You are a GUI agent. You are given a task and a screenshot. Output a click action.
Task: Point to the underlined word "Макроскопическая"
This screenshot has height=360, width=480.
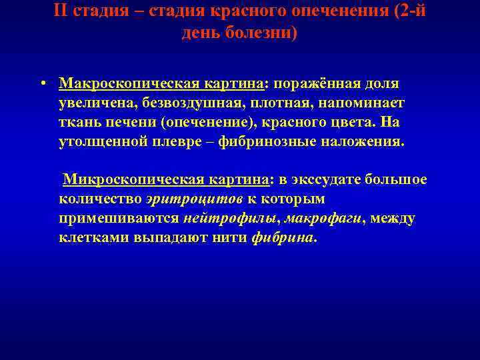[x=120, y=84]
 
